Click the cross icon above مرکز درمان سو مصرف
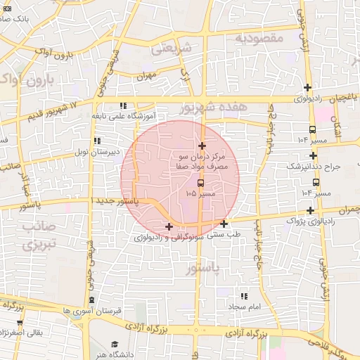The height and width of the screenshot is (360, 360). (x=202, y=146)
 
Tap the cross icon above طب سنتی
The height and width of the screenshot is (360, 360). (x=224, y=224)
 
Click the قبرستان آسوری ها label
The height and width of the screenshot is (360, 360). (x=92, y=310)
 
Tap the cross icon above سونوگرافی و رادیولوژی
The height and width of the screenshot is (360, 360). (x=168, y=226)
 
